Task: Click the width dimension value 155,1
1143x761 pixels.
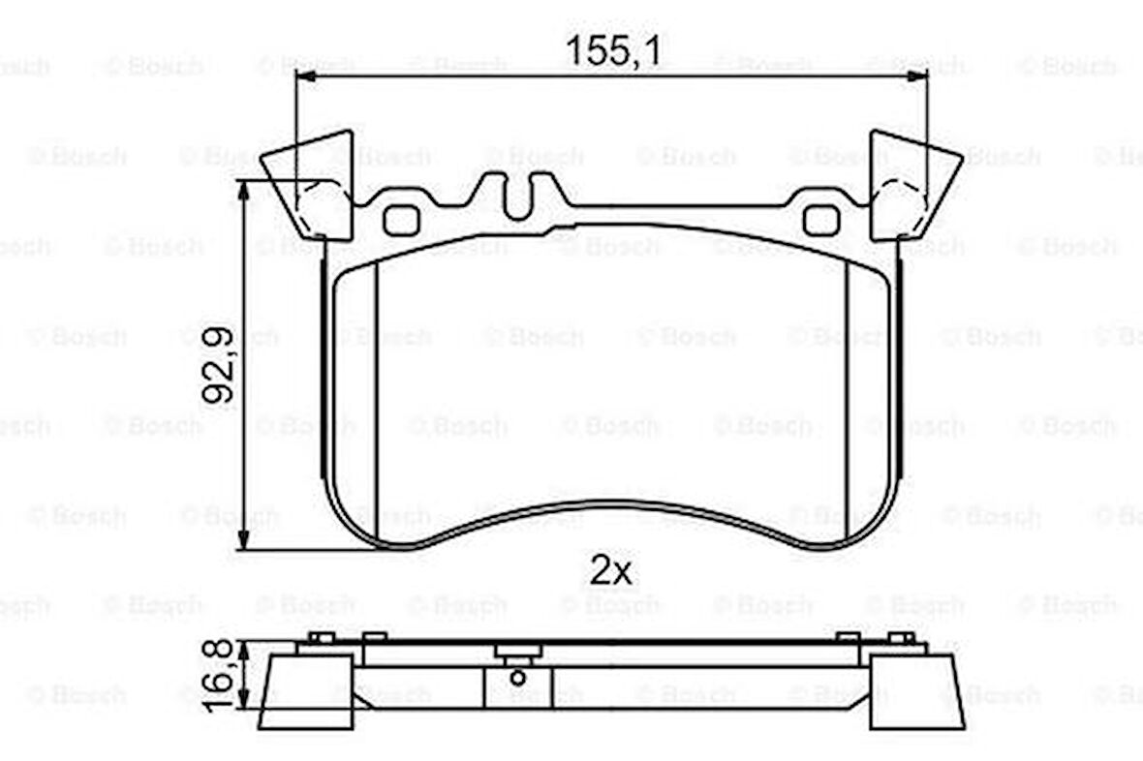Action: coord(612,49)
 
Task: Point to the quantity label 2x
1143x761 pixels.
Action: coord(610,571)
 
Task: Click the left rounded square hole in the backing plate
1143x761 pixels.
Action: coord(401,221)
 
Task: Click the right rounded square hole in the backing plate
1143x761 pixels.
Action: coord(820,221)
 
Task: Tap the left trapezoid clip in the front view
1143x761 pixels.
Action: coord(308,184)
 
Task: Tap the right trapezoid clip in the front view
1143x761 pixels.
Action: coord(914,184)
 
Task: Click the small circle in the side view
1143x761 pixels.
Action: coord(517,677)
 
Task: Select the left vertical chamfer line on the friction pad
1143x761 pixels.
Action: coord(376,397)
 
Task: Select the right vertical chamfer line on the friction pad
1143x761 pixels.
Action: coord(847,397)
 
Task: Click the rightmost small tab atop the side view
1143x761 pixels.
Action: coord(902,637)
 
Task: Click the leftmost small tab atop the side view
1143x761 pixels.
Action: coord(321,637)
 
